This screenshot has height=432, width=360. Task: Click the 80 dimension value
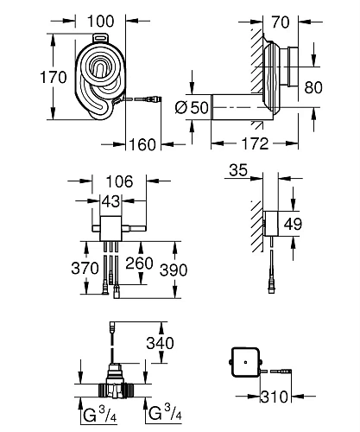coord(338,88)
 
